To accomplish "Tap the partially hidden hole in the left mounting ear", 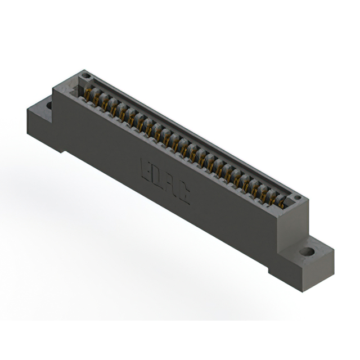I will point(49,105).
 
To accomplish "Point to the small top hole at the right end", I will point(297,198).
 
